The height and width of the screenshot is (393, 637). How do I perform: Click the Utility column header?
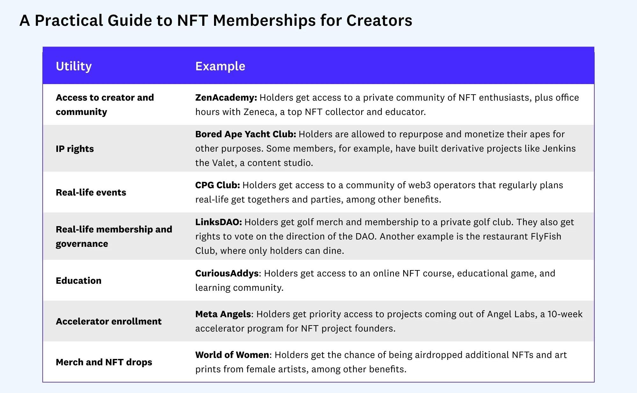pos(74,66)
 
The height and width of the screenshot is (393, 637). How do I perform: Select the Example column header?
pos(220,66)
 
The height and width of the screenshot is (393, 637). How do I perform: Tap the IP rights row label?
pos(75,149)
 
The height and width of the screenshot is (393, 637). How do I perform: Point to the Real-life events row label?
pos(91,192)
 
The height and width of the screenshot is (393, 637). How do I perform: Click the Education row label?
pos(78,281)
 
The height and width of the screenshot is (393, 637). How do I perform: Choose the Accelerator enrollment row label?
pos(109,321)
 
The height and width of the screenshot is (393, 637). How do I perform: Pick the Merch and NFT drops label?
pos(104,362)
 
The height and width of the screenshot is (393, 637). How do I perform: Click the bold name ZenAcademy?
pos(226,97)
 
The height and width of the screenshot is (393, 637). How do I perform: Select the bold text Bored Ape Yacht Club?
pos(245,134)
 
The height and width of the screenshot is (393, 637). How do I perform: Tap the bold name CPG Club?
pos(217,185)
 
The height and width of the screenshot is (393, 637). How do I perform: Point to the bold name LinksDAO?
pos(218,222)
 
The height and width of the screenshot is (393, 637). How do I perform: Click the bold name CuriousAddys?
pos(227,273)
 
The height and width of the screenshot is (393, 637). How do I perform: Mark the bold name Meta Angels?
pos(223,314)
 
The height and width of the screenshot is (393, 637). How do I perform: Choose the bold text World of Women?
pos(232,355)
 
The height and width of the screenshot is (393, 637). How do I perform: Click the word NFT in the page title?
pos(192,20)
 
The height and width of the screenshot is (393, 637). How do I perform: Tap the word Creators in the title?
pos(379,20)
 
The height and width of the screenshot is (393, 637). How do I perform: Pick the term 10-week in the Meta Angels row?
pos(565,314)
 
